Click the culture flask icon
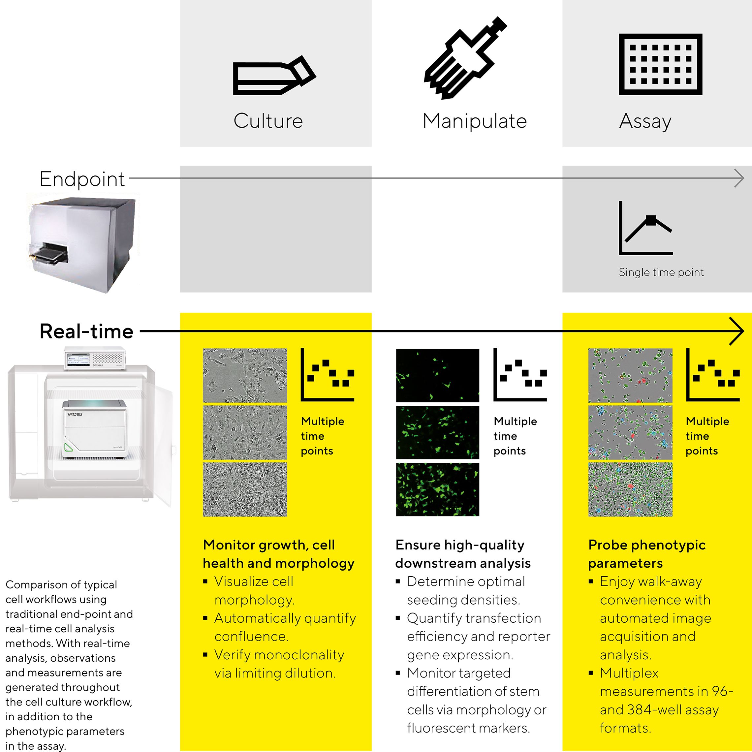(x=274, y=76)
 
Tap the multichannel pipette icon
(x=465, y=58)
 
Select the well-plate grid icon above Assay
(x=661, y=64)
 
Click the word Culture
(x=268, y=121)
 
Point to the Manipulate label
(x=475, y=121)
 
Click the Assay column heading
(x=645, y=121)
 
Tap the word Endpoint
(x=82, y=179)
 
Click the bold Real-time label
(x=86, y=331)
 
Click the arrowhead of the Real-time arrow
(x=737, y=331)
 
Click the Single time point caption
(x=661, y=272)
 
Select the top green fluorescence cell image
(x=437, y=375)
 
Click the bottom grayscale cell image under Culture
(x=245, y=489)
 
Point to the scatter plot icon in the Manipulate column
(x=520, y=374)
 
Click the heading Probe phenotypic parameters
(x=647, y=554)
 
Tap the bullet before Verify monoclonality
(x=205, y=655)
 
